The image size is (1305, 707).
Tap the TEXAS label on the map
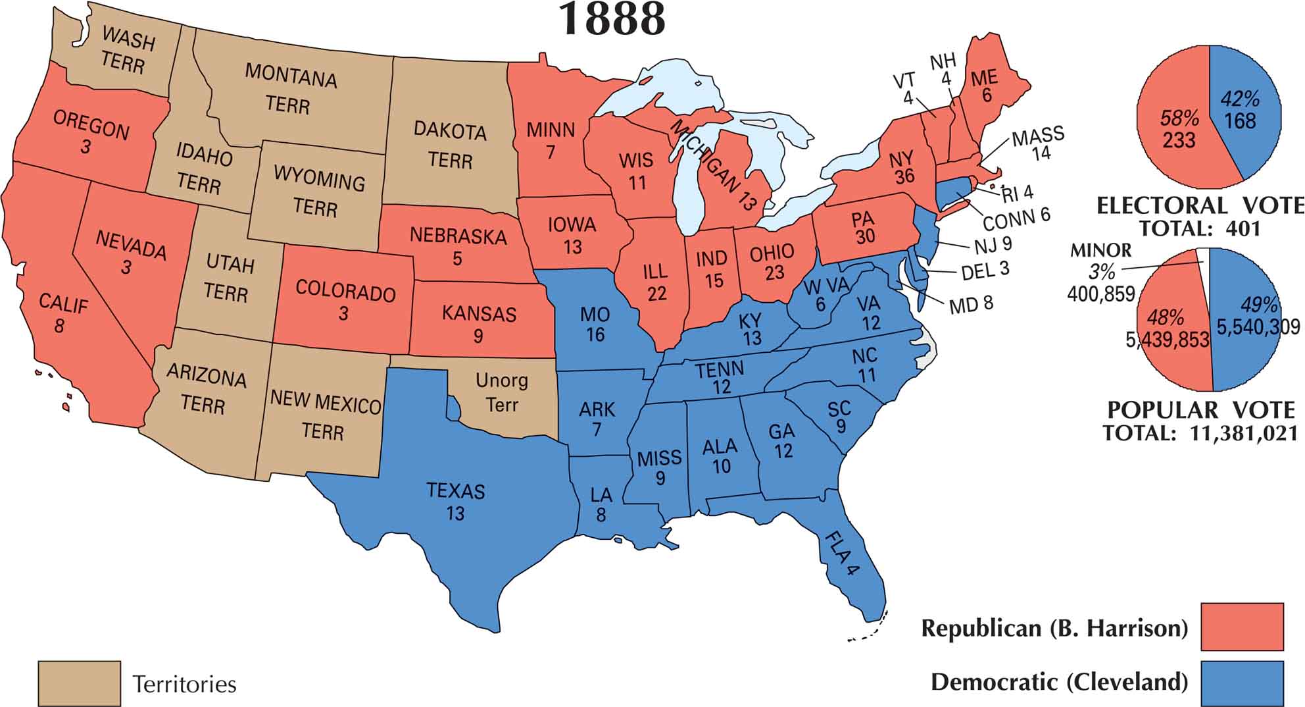(x=455, y=491)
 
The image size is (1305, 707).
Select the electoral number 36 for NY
(x=905, y=176)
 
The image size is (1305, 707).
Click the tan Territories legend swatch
(x=79, y=683)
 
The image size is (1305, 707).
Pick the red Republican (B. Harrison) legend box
(x=1242, y=626)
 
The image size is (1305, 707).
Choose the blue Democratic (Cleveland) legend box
(x=1242, y=682)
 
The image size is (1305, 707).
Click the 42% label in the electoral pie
(x=1240, y=99)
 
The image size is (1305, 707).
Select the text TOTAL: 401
(x=1200, y=228)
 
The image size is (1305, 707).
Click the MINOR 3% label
(x=1100, y=261)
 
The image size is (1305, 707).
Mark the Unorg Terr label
(x=501, y=392)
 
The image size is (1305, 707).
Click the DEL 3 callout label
(x=984, y=270)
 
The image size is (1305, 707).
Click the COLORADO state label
(x=345, y=291)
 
